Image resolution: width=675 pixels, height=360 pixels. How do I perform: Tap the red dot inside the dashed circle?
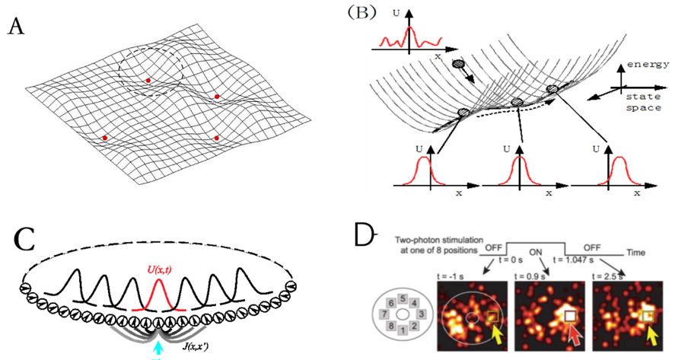tap(148, 80)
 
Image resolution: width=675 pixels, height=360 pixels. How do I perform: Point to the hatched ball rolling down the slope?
tap(457, 65)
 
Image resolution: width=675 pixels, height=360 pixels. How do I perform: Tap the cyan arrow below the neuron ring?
tap(158, 347)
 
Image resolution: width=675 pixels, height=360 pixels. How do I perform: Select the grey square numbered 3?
tap(416, 313)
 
